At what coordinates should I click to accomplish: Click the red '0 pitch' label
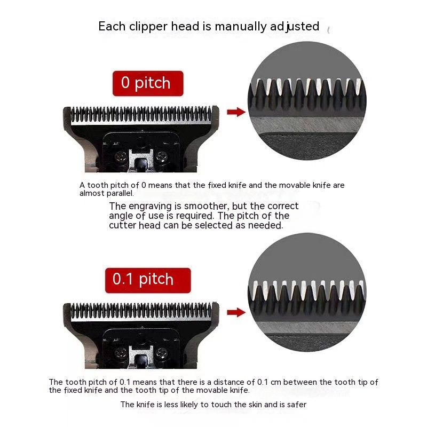148,83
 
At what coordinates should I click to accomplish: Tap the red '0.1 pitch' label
148,280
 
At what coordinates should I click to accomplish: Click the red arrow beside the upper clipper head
236,112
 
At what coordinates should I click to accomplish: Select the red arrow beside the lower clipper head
236,312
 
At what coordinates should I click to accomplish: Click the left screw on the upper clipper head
120,156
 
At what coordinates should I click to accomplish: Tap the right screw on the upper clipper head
162,156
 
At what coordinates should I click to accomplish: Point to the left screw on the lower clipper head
120,353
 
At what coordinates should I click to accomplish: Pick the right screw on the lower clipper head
162,353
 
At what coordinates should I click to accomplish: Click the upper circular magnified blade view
307,101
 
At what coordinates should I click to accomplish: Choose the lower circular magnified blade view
307,292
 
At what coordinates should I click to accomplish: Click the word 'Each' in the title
112,26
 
